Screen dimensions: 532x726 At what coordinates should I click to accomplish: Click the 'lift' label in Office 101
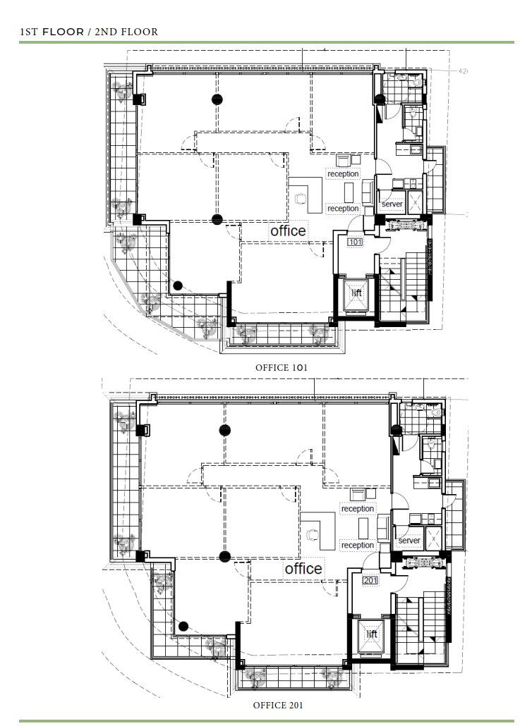tap(356, 293)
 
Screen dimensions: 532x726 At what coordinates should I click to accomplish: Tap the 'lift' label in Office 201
tap(372, 634)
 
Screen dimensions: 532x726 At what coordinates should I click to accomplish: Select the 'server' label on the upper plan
tap(392, 204)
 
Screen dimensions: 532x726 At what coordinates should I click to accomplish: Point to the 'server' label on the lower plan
tap(409, 541)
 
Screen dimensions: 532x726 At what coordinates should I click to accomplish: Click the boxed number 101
tap(355, 242)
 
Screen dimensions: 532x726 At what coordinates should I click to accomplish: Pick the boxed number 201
tap(370, 580)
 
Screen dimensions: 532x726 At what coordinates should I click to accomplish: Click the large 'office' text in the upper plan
tap(289, 230)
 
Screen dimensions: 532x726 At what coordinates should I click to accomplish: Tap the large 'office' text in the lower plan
tap(303, 569)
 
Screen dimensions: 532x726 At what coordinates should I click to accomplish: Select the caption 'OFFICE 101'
tap(282, 368)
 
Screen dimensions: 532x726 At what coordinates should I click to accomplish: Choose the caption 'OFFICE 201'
tap(278, 705)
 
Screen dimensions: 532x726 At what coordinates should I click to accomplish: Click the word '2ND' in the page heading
tap(106, 32)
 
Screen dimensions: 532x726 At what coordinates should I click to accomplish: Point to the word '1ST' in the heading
tap(29, 32)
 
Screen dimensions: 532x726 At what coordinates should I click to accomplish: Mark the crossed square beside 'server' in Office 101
tap(415, 202)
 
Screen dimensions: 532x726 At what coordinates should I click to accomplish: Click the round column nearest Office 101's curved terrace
tap(178, 285)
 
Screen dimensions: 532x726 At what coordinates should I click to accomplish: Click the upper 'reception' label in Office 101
tap(343, 173)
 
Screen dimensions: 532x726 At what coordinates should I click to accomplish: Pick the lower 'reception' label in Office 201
tap(357, 546)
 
